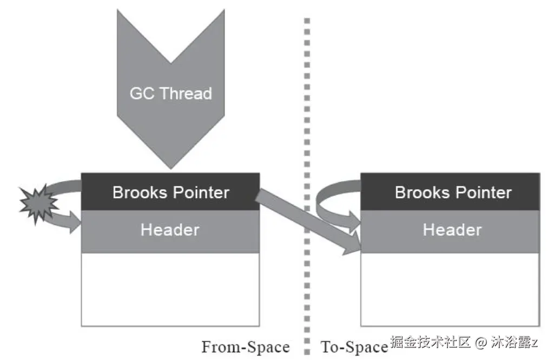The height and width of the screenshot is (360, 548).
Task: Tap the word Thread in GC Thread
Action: pos(185,94)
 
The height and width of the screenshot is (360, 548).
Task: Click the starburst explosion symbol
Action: pos(38,204)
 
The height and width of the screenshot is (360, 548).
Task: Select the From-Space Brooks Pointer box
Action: pos(170,192)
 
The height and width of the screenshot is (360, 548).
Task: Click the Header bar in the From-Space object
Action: pos(170,230)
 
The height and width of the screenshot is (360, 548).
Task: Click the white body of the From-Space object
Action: pos(170,289)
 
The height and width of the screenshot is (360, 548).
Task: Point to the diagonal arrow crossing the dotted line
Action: pos(308,221)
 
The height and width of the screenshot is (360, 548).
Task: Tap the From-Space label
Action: pos(246,346)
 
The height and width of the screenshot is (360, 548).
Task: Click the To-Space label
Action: pos(354,346)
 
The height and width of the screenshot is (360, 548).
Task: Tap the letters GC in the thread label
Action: pos(142,94)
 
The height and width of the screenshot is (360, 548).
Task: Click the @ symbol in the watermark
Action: pos(481,342)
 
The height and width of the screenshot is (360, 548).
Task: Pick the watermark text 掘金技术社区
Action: pos(430,342)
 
